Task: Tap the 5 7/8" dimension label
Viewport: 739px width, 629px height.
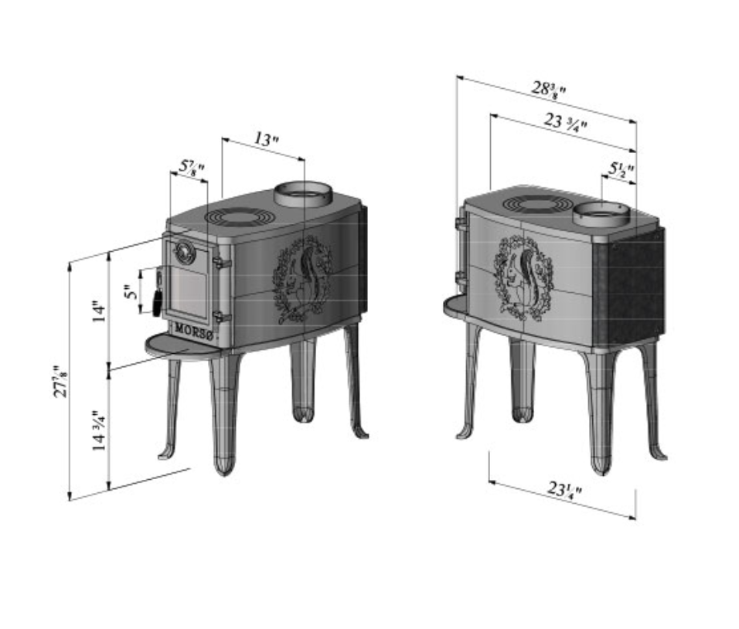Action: tap(192, 166)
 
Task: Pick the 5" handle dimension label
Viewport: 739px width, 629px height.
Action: tap(132, 291)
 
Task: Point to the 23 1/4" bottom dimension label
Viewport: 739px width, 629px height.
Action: tap(564, 489)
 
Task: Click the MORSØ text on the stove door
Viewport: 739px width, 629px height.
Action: tap(192, 328)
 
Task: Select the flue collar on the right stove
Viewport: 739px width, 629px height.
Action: tap(602, 214)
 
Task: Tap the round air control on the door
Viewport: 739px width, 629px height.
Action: tap(185, 250)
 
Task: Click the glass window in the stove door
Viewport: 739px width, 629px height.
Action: tap(188, 289)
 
